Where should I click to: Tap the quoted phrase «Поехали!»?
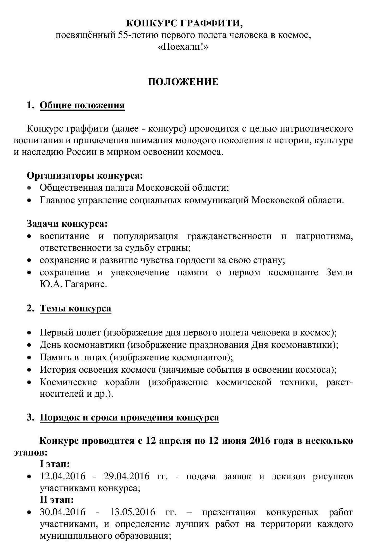click(x=184, y=47)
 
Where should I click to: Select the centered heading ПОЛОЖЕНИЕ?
click(x=183, y=82)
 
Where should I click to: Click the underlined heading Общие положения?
click(x=82, y=105)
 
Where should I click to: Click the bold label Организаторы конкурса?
click(x=85, y=175)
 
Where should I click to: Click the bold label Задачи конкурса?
click(x=67, y=224)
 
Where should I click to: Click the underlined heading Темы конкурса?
click(x=75, y=308)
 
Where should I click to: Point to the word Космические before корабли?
click(x=68, y=382)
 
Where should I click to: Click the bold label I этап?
click(x=54, y=464)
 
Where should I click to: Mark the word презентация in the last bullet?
click(x=229, y=512)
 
